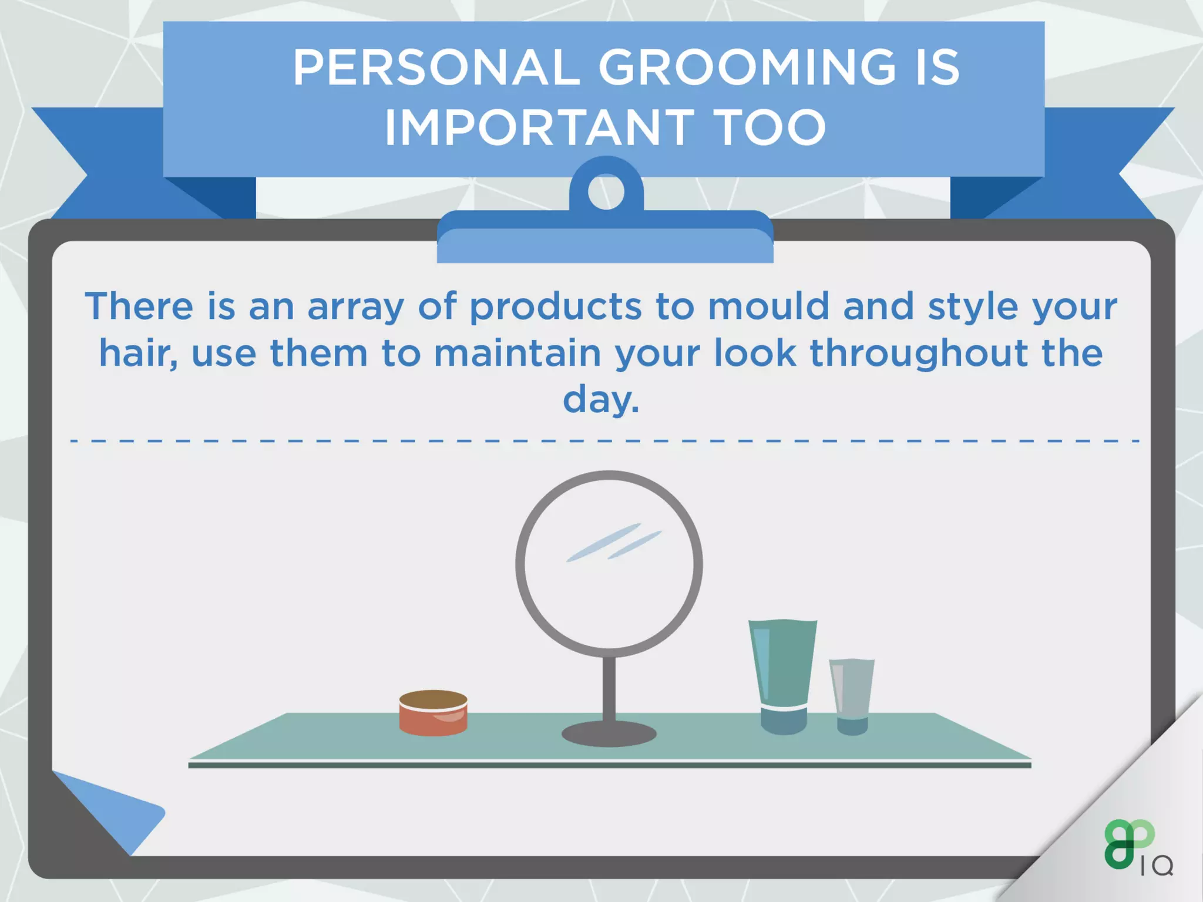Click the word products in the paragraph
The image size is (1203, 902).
pos(555,307)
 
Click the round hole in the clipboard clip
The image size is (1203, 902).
pos(606,192)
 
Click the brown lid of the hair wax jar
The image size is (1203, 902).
pos(434,699)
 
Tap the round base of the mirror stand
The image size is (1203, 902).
pos(609,734)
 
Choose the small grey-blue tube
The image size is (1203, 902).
pos(852,687)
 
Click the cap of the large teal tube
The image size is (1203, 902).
pos(784,721)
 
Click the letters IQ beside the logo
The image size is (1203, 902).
pos(1157,866)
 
